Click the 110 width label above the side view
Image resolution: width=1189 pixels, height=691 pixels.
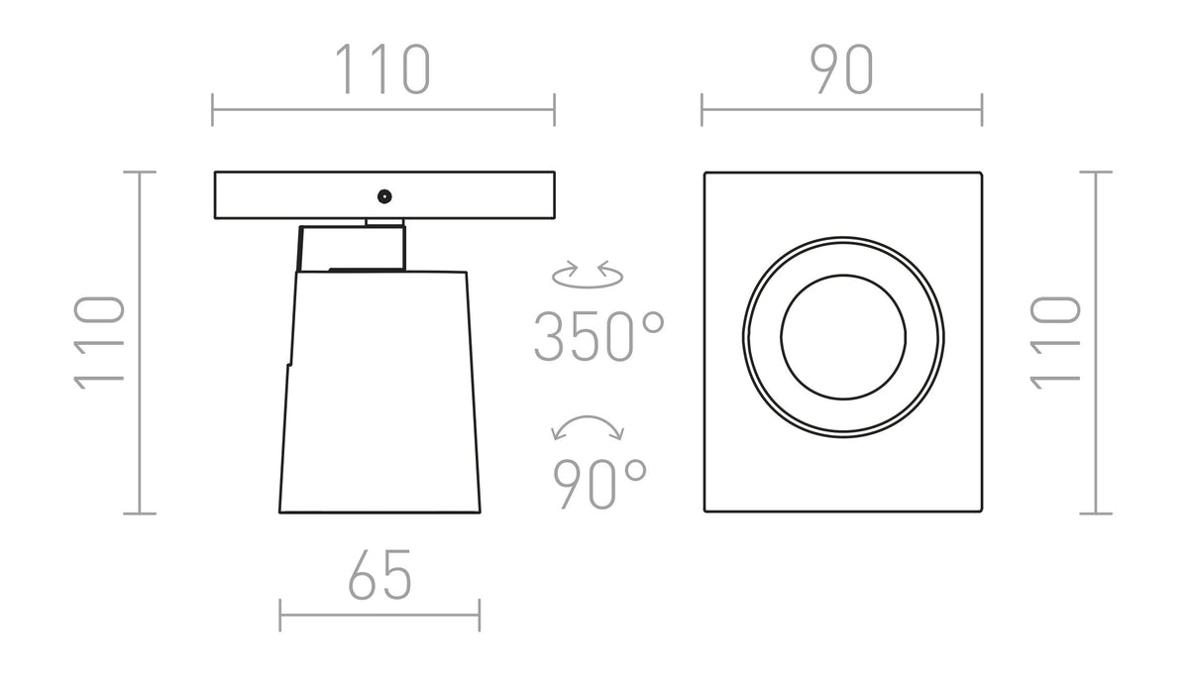pos(382,69)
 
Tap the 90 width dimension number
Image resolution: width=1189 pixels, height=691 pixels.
pos(841,69)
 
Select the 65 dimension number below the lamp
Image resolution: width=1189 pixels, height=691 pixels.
pos(380,574)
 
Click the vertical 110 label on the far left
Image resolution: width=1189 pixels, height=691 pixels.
pos(99,343)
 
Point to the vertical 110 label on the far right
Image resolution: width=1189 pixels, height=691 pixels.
pos(1055,343)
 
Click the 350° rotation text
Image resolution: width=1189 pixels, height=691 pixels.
pos(599,337)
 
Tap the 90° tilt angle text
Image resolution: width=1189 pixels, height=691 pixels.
pos(599,484)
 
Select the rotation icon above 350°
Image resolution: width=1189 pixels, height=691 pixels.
pos(588,275)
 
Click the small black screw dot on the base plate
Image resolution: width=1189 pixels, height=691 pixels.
pos(384,196)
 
